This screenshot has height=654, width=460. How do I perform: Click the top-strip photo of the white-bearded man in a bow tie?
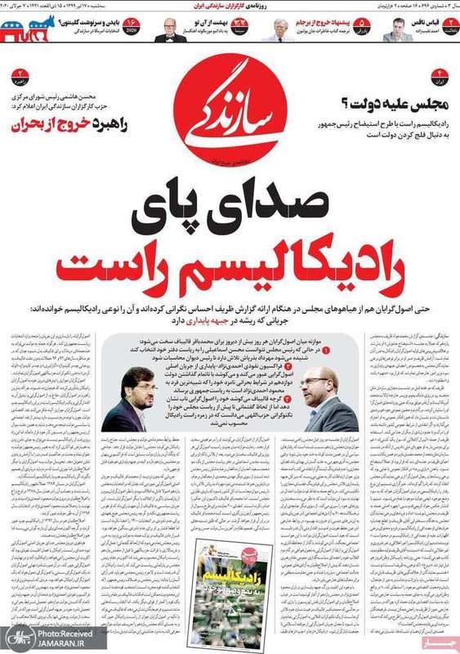point(172,30)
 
